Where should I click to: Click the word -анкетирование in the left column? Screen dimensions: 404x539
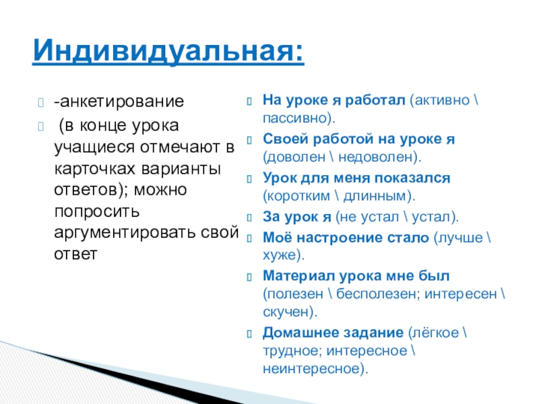(119, 103)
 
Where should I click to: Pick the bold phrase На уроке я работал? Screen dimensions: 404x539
(334, 100)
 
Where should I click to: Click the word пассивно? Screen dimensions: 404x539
(294, 118)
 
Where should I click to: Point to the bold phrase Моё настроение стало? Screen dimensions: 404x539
(346, 238)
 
